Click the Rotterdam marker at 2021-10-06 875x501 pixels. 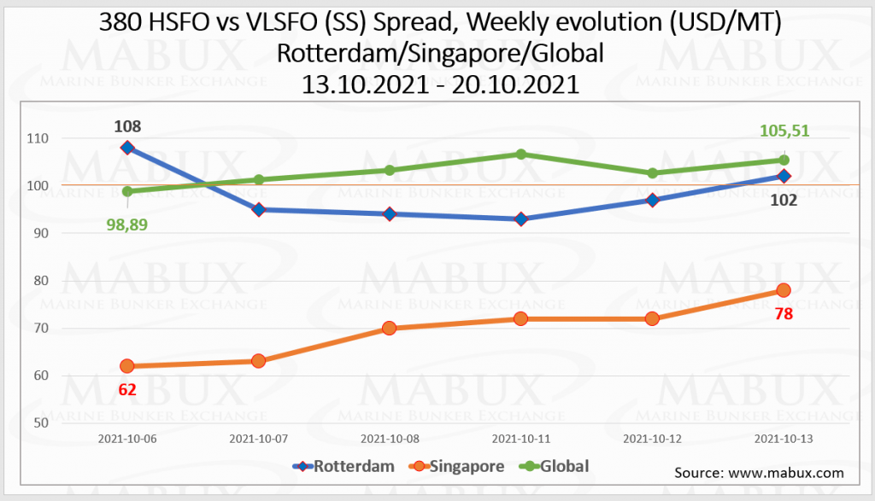127,148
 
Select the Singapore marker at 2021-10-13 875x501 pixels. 783,290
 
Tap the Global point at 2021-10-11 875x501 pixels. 520,154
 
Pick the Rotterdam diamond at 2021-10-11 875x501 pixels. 520,219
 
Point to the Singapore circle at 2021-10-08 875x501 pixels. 390,328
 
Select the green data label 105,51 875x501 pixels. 783,131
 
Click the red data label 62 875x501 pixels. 127,391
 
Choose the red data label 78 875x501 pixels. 783,313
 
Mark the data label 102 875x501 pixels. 783,201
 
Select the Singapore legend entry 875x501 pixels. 456,466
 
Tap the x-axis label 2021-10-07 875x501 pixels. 259,438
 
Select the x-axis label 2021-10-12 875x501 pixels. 651,438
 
